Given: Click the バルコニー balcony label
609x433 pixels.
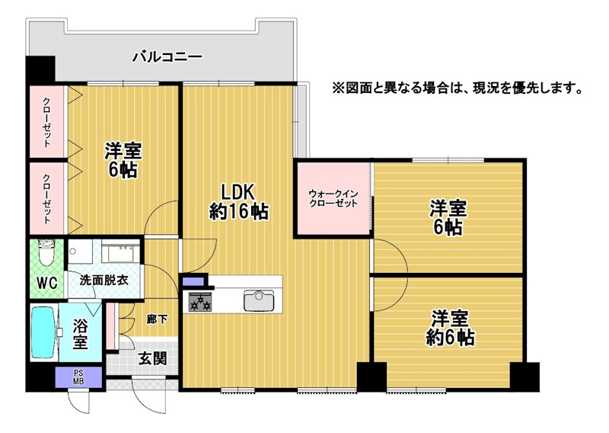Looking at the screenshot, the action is click(167, 57).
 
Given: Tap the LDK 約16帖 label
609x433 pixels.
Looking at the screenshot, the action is click(238, 202).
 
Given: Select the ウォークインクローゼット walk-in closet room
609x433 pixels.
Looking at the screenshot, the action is click(333, 198).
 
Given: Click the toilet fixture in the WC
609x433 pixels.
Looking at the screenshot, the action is click(46, 252).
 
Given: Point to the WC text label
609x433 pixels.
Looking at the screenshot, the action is click(47, 283).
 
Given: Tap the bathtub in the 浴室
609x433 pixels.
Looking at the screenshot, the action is click(44, 332).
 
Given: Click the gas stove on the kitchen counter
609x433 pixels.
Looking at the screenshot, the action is click(200, 302).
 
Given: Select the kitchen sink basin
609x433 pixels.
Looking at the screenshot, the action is click(259, 300).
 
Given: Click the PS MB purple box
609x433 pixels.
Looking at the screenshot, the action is click(78, 377).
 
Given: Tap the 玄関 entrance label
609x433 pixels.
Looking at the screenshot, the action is click(153, 359).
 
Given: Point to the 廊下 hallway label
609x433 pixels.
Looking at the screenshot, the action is click(157, 319).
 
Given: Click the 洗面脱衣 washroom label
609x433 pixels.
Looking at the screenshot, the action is click(104, 280).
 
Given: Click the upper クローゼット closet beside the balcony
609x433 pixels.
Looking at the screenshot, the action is click(46, 122).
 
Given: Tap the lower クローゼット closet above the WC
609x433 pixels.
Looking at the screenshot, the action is click(46, 198).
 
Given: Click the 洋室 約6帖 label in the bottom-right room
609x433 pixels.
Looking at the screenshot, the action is click(450, 328).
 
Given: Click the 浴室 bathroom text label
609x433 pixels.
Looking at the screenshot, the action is click(81, 334).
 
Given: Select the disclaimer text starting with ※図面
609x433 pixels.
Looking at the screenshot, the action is click(458, 88).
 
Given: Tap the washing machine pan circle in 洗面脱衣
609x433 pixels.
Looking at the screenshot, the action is click(72, 252).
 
